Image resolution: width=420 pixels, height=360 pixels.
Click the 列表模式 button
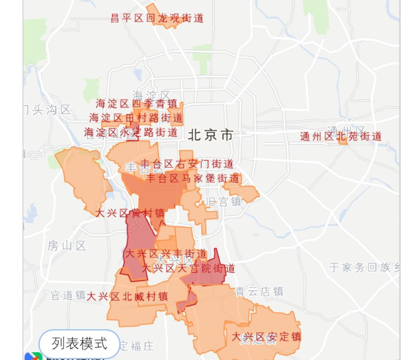coord(79,343)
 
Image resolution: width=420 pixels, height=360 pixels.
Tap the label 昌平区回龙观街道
coord(158,18)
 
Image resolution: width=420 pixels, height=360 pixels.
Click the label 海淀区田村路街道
coord(136,118)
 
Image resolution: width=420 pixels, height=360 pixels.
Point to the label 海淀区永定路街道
coord(131,132)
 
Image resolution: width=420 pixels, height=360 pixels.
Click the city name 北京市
coord(210,134)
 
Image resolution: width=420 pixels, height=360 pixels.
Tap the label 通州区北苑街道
coord(341,136)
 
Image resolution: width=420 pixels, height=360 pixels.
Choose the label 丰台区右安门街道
coord(187,164)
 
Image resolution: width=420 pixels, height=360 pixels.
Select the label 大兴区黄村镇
coord(130,213)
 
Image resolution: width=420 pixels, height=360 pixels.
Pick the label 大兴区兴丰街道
coord(166,254)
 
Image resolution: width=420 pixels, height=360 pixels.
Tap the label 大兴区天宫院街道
coord(188,268)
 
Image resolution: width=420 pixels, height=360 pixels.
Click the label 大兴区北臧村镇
coord(127,296)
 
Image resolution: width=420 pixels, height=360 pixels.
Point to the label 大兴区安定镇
coord(266,336)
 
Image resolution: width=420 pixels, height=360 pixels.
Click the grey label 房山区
coord(67,245)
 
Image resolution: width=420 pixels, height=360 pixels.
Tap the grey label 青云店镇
coord(259,292)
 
